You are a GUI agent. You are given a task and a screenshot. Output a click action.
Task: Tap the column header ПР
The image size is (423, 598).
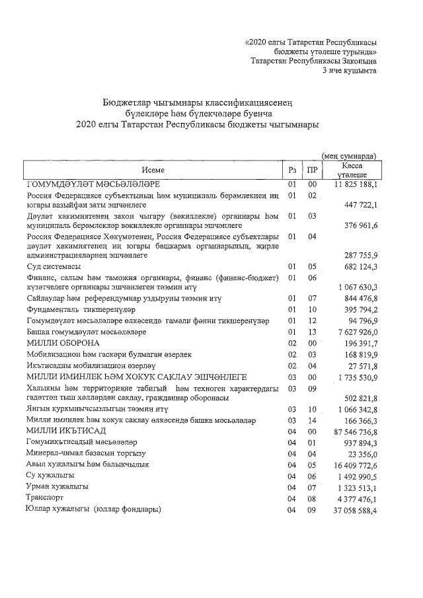[x=313, y=170]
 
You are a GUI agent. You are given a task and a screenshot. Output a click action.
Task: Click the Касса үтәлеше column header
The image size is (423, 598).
[x=351, y=170]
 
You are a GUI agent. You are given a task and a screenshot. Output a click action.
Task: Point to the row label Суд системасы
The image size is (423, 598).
[x=54, y=267]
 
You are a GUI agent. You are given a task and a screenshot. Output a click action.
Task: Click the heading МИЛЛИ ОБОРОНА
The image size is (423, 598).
[x=63, y=344]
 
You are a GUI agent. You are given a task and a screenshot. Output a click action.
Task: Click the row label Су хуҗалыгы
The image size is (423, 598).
[x=50, y=475]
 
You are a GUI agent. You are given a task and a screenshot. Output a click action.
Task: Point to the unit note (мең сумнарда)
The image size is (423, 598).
[x=349, y=156]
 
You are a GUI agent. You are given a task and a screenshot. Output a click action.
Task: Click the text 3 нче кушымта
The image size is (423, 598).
[x=349, y=70]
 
